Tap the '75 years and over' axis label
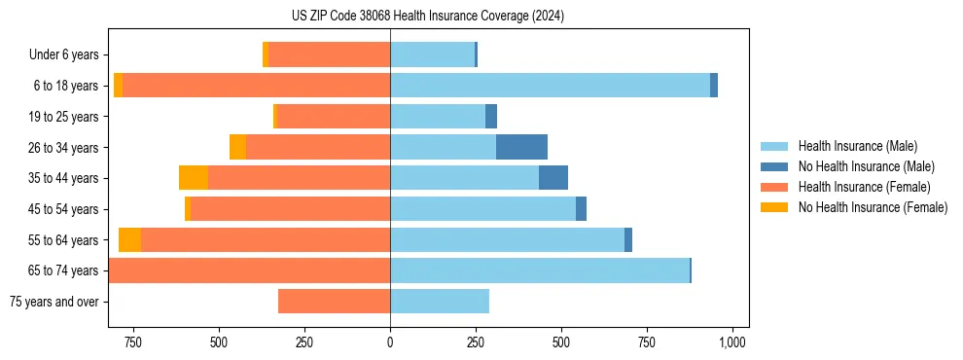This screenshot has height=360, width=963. coord(53,302)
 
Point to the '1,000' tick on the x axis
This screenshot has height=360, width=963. coord(731,342)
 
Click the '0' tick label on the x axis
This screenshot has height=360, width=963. coord(390,342)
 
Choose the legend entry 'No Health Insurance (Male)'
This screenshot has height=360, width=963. coord(866,166)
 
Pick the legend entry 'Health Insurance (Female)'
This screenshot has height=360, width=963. coord(864,187)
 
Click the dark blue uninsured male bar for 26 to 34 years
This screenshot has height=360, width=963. coord(521,148)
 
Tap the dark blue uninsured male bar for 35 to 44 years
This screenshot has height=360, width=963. coord(553,178)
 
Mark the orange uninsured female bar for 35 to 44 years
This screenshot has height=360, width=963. coord(194,178)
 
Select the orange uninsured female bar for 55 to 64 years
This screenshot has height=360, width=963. coord(129,240)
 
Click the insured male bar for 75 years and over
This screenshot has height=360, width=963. coord(440,302)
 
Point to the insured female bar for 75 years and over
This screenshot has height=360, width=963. coord(334,302)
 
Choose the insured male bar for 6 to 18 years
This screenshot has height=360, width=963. coord(550,86)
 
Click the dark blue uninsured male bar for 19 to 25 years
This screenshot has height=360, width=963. coord(491,117)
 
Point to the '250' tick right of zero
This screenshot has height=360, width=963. coord(476,342)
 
